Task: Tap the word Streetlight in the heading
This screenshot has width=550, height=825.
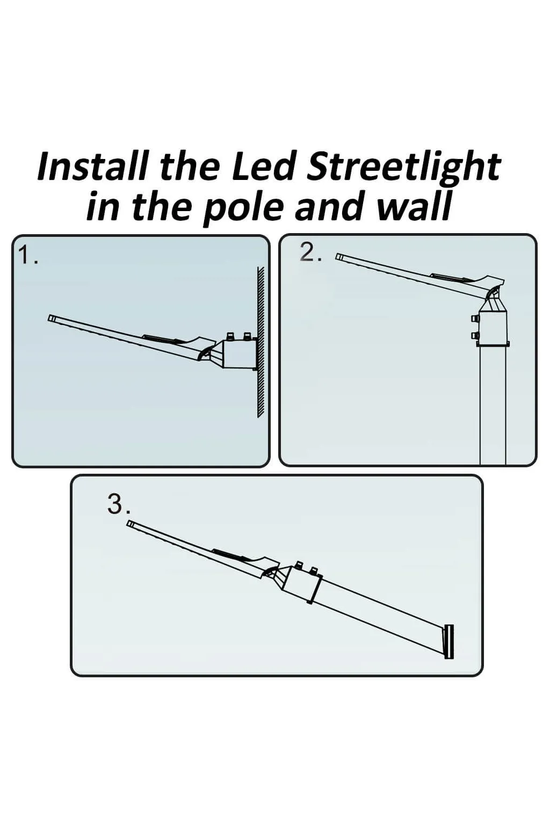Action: pyautogui.click(x=403, y=168)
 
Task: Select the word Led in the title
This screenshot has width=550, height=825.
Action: pyautogui.click(x=263, y=167)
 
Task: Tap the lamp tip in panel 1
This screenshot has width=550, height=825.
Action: pyautogui.click(x=52, y=318)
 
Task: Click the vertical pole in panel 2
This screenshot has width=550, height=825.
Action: pyautogui.click(x=493, y=408)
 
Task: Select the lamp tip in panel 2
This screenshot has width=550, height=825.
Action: pyautogui.click(x=339, y=257)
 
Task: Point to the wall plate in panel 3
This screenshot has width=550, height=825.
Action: pyautogui.click(x=449, y=642)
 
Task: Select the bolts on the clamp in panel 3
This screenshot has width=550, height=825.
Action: pyautogui.click(x=307, y=567)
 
